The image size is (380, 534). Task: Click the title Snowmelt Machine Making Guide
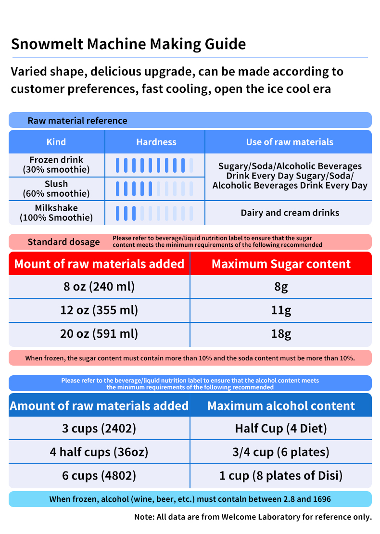coord(128,44)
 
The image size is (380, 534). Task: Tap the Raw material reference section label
coord(77,120)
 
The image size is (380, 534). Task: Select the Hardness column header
coord(156,142)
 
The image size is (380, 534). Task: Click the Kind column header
coord(56,142)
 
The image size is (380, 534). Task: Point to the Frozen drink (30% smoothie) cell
coord(56,165)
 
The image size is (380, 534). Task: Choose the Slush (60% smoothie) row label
coord(56,189)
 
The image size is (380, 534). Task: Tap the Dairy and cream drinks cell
coord(290,213)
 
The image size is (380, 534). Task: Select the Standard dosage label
coord(63,242)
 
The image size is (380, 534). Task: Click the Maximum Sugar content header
coord(281,264)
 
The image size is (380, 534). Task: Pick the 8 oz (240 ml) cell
coord(99,287)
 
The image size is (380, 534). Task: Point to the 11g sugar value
coord(281,310)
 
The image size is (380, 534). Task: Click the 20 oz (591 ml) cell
coord(99,334)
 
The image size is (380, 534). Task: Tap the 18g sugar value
coord(281,334)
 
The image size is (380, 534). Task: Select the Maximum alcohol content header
coord(281,406)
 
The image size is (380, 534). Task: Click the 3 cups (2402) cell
coord(99,428)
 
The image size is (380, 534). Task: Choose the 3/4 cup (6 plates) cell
coord(281,452)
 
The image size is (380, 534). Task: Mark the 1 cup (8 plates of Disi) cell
coord(281,476)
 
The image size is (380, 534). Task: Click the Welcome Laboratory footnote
coord(253,517)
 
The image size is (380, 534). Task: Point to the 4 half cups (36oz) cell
coord(99,452)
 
